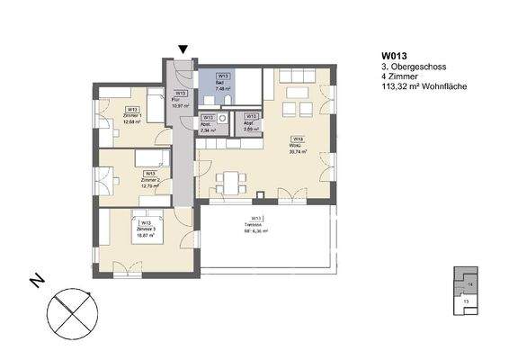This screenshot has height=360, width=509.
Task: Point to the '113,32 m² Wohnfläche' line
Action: pyautogui.click(x=419, y=88)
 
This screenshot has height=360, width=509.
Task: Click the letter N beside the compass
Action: pyautogui.click(x=37, y=283)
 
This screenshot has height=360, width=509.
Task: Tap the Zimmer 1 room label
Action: pyautogui.click(x=133, y=115)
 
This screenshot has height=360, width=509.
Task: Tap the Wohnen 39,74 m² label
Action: pyautogui.click(x=297, y=147)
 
